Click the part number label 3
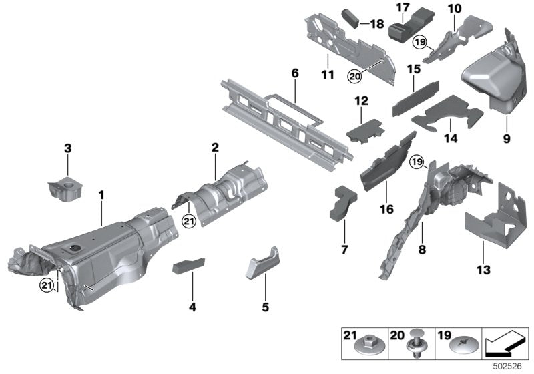67,147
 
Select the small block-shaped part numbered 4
189,267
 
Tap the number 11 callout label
327,75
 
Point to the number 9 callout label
506,139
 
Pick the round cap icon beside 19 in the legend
462,345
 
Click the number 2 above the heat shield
216,147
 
